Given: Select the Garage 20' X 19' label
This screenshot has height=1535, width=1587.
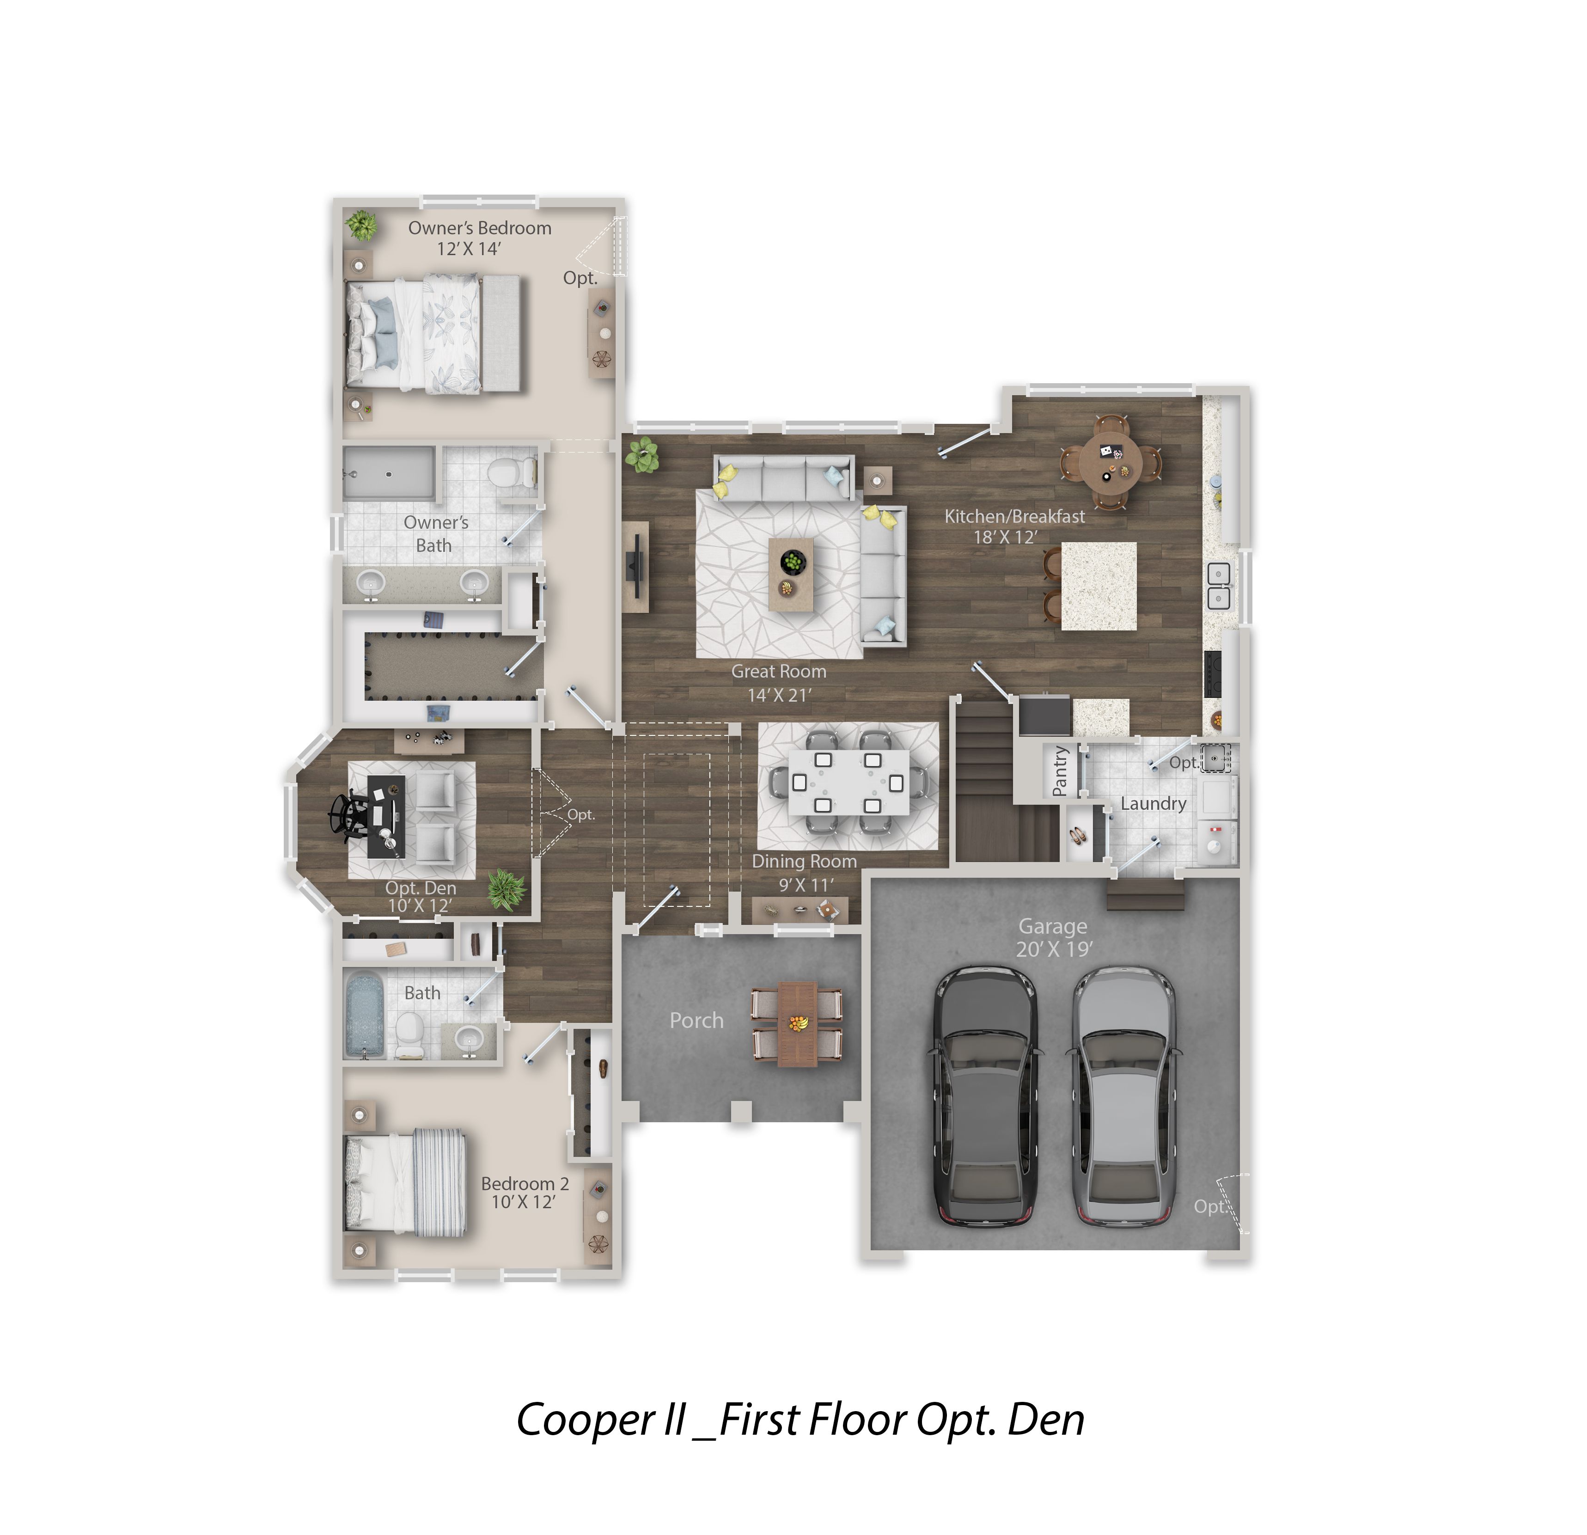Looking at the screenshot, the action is point(1053,937).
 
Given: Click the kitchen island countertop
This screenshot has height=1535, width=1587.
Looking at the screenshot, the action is point(1099,586).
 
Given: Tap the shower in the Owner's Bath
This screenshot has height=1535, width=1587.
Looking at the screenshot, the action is point(389,473).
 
